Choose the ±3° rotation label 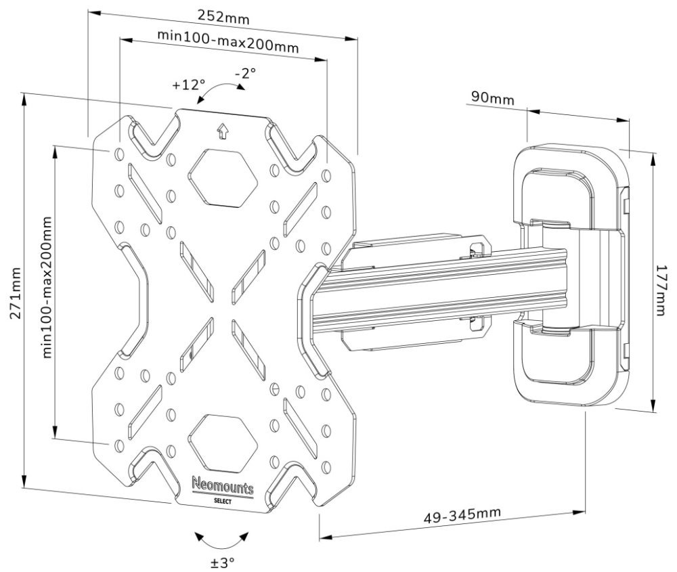click(221, 562)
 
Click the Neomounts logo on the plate click(223, 485)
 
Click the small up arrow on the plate click(221, 131)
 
